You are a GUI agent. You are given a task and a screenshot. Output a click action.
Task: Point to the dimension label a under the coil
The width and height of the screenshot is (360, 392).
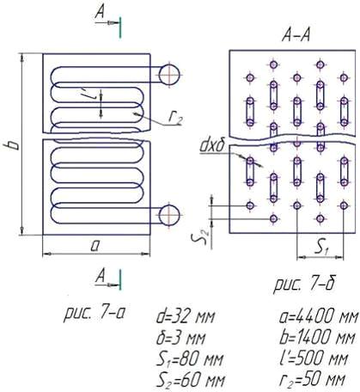95,246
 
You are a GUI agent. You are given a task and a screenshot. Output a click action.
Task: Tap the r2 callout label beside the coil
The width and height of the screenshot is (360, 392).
174,119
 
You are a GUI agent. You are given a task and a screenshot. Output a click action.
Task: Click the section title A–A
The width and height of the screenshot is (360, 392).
296,36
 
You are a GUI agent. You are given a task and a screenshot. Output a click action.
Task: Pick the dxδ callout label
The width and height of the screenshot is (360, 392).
211,146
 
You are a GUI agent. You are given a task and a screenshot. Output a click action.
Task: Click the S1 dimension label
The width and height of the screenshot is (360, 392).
321,248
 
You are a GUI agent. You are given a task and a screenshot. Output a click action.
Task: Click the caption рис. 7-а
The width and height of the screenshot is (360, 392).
94,313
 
